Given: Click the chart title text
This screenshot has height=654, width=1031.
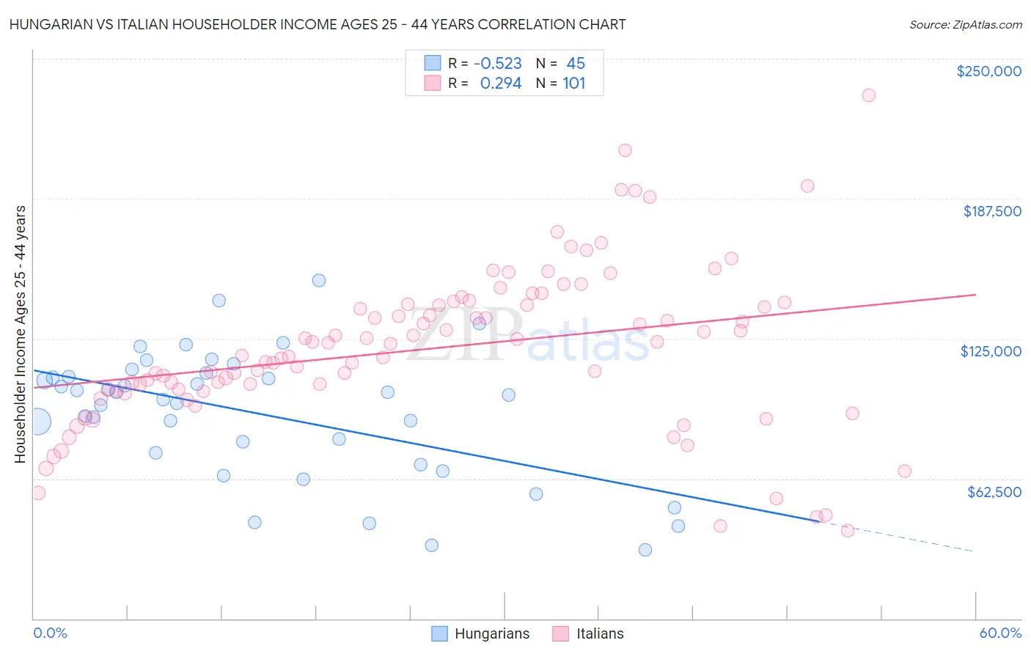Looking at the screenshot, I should click(x=318, y=24).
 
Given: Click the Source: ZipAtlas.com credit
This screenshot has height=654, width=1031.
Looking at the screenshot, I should click(x=965, y=24).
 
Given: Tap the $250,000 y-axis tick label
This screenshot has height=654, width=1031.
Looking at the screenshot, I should click(x=988, y=71).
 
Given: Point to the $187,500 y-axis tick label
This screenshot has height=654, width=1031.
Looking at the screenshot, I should click(x=991, y=211).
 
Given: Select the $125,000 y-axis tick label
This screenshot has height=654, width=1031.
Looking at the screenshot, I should click(x=991, y=351).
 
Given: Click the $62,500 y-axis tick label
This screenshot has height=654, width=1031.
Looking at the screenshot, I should click(x=994, y=492).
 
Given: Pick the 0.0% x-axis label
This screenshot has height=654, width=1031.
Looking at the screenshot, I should click(x=50, y=633).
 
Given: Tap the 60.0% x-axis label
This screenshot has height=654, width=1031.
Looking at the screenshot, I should click(x=999, y=633).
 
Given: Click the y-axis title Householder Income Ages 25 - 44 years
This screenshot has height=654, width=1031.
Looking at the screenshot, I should click(x=20, y=334).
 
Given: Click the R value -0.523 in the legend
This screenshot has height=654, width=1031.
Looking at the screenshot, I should click(x=498, y=64).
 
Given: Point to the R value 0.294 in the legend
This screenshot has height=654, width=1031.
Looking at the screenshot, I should click(x=500, y=84).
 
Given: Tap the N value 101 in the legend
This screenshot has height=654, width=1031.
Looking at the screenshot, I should click(x=573, y=84).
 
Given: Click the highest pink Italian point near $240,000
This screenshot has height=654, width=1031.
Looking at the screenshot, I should click(x=868, y=95).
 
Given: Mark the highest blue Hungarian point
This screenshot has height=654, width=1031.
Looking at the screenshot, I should click(x=318, y=280).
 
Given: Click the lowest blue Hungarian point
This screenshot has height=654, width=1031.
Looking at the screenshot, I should click(x=645, y=550).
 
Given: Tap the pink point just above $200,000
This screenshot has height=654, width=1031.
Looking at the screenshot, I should click(x=625, y=150).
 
